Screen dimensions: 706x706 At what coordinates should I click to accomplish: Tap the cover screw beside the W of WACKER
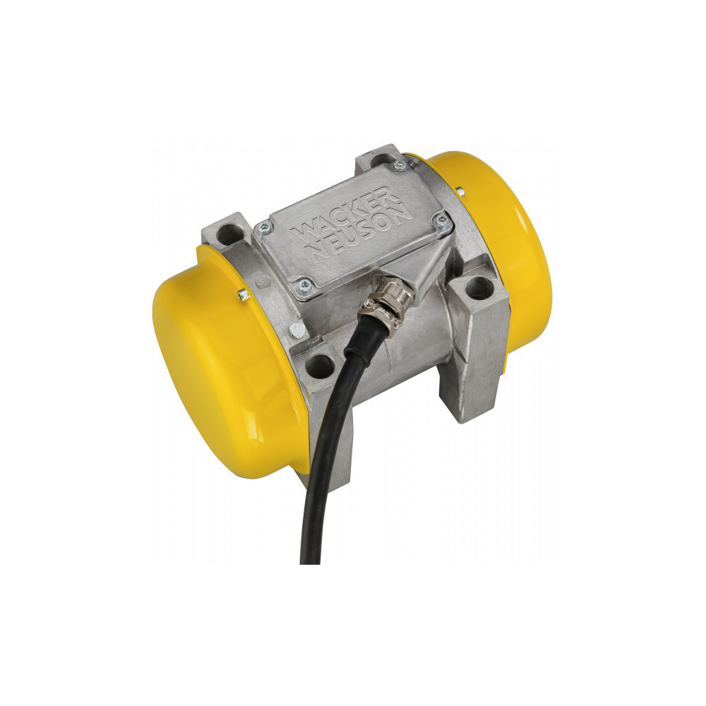coord(266,227)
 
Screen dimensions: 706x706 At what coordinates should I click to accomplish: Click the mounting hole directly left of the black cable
coord(320,366)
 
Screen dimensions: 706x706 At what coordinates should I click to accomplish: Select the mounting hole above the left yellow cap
coord(227,234)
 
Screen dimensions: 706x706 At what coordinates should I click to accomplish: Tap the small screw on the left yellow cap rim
coord(244,295)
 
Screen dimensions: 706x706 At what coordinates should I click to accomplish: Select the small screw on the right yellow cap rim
coord(460,190)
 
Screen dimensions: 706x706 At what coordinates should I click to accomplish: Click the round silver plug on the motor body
coord(297,328)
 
